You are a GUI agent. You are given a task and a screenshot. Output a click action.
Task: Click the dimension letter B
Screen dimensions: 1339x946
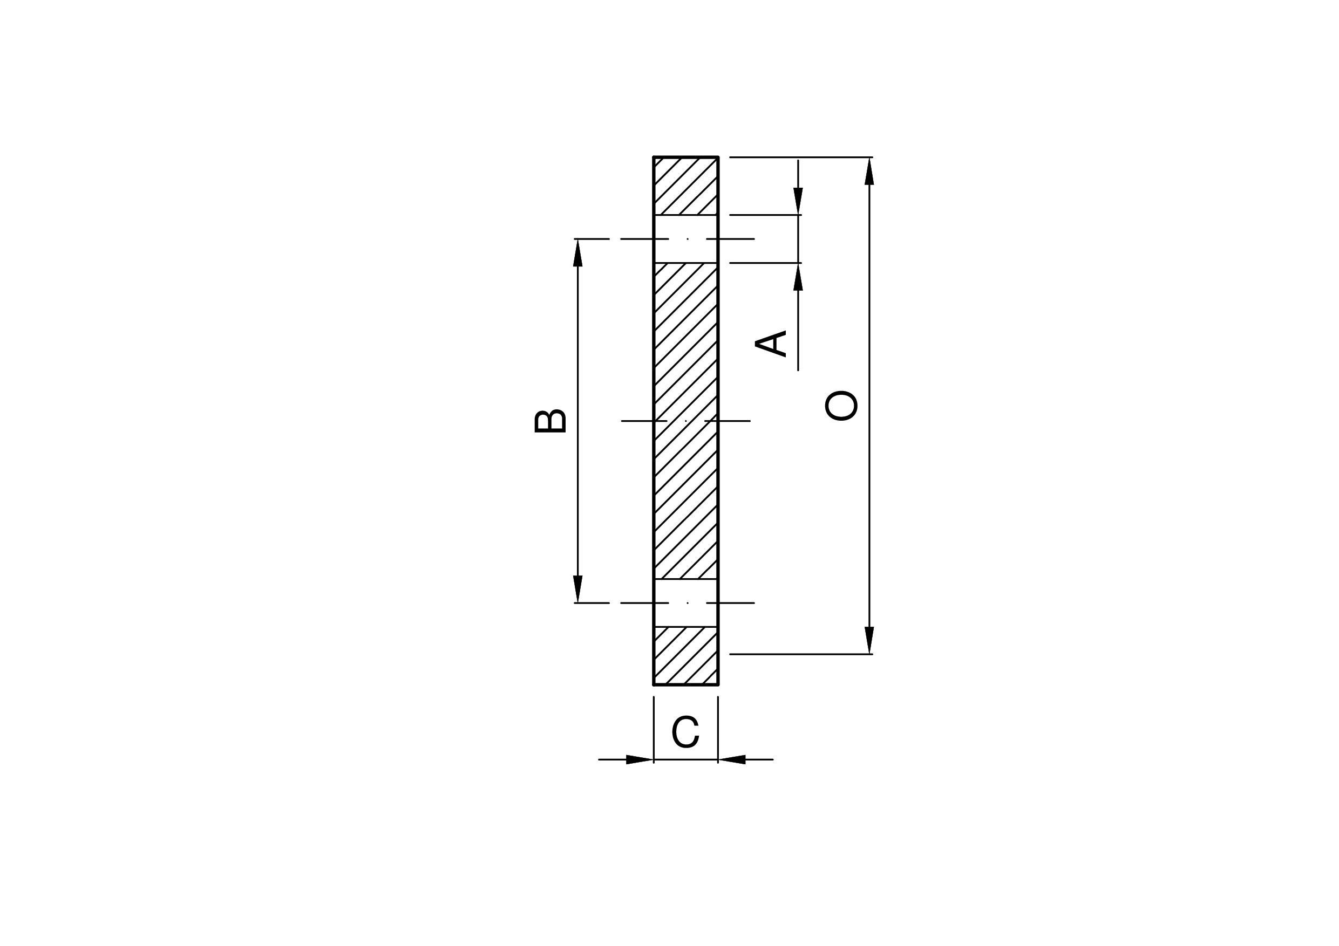point(550,421)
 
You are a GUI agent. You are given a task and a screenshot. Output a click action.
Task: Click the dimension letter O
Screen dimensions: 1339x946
point(840,405)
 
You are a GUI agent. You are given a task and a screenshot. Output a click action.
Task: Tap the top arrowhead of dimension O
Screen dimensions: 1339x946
point(869,172)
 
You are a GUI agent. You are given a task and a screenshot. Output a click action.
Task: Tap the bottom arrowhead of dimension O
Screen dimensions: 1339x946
point(869,640)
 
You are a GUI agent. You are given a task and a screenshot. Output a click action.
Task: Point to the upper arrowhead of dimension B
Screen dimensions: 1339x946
point(577,253)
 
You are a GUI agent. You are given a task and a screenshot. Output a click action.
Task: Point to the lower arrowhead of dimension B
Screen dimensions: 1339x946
point(577,589)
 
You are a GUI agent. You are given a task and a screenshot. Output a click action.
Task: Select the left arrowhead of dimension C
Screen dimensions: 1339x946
point(640,759)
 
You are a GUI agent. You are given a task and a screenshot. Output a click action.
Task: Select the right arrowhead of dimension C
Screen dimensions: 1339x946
point(732,759)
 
